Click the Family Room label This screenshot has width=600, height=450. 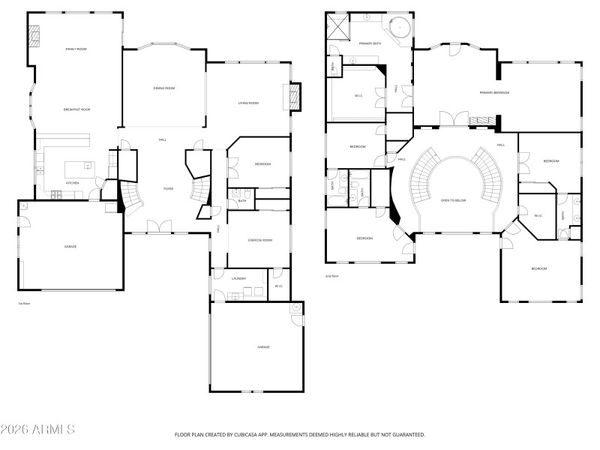(x=76, y=49)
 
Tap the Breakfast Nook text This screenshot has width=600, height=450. (x=76, y=109)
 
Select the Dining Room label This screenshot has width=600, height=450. (x=164, y=88)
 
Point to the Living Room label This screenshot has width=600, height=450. (x=248, y=103)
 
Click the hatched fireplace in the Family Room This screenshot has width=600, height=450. (x=35, y=36)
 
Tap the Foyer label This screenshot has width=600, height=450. (x=168, y=188)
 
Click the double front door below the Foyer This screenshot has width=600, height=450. (x=158, y=226)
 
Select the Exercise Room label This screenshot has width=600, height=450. (x=259, y=240)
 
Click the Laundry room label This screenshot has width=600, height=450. (x=238, y=278)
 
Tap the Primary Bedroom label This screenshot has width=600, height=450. (x=495, y=92)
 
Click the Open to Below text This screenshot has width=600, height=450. (x=455, y=201)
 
